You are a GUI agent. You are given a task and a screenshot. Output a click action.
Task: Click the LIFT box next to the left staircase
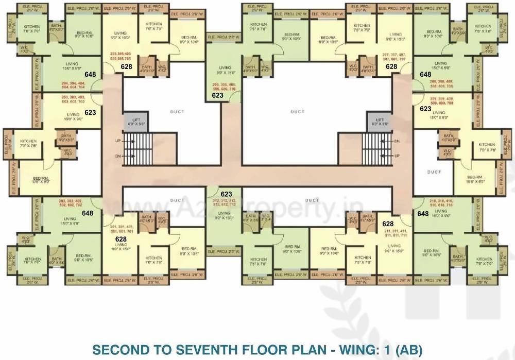point(135,121)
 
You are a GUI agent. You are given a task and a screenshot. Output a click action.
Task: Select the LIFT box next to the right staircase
point(379,121)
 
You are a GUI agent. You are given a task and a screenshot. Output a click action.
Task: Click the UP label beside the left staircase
point(117,140)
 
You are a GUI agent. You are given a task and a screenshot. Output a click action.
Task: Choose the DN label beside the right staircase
point(396,141)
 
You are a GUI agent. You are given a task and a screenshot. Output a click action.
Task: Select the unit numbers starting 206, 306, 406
point(225,86)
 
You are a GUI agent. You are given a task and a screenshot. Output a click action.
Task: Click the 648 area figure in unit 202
point(87,213)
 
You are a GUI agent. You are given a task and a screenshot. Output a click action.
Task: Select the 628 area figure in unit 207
point(391,66)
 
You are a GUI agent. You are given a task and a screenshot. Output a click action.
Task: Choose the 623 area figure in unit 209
point(425,109)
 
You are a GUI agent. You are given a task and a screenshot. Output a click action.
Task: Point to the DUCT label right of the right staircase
point(435,172)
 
